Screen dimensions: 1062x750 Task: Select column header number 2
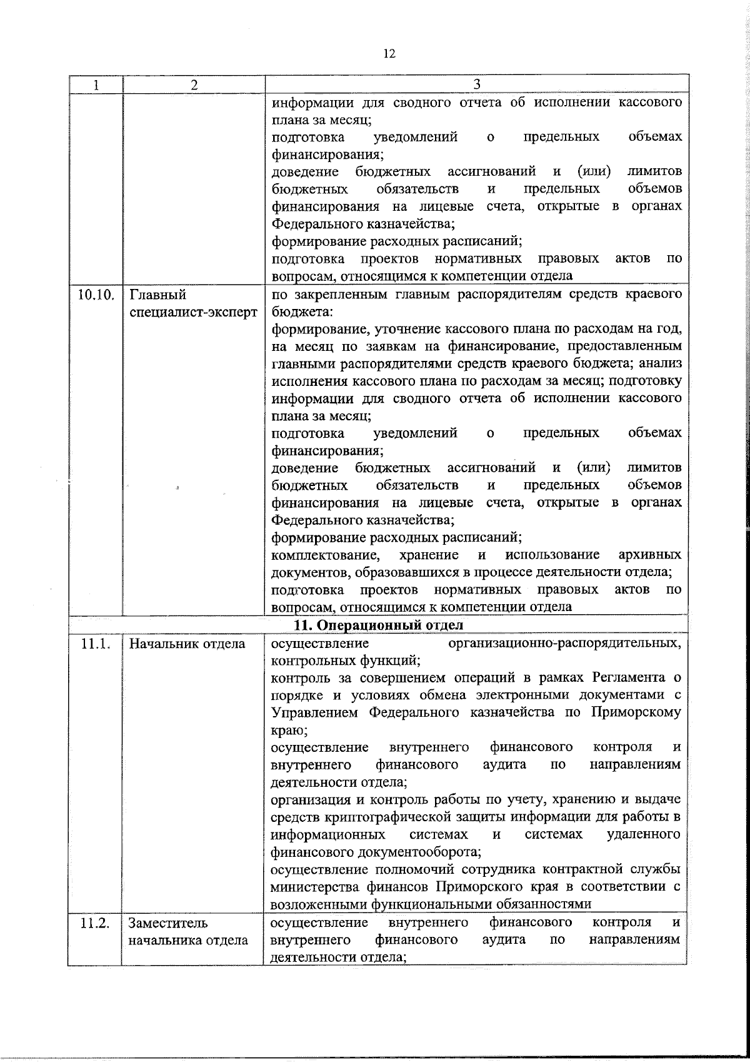[194, 85]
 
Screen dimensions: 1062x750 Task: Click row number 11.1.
[96, 643]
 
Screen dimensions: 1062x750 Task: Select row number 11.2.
[96, 923]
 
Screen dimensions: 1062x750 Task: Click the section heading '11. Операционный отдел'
[379, 625]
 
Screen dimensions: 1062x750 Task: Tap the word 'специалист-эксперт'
[193, 311]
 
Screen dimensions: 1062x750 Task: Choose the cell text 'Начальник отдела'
[187, 643]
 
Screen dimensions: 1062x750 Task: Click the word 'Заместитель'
[168, 923]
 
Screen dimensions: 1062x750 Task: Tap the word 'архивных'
[649, 555]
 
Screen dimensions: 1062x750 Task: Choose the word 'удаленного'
[643, 834]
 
